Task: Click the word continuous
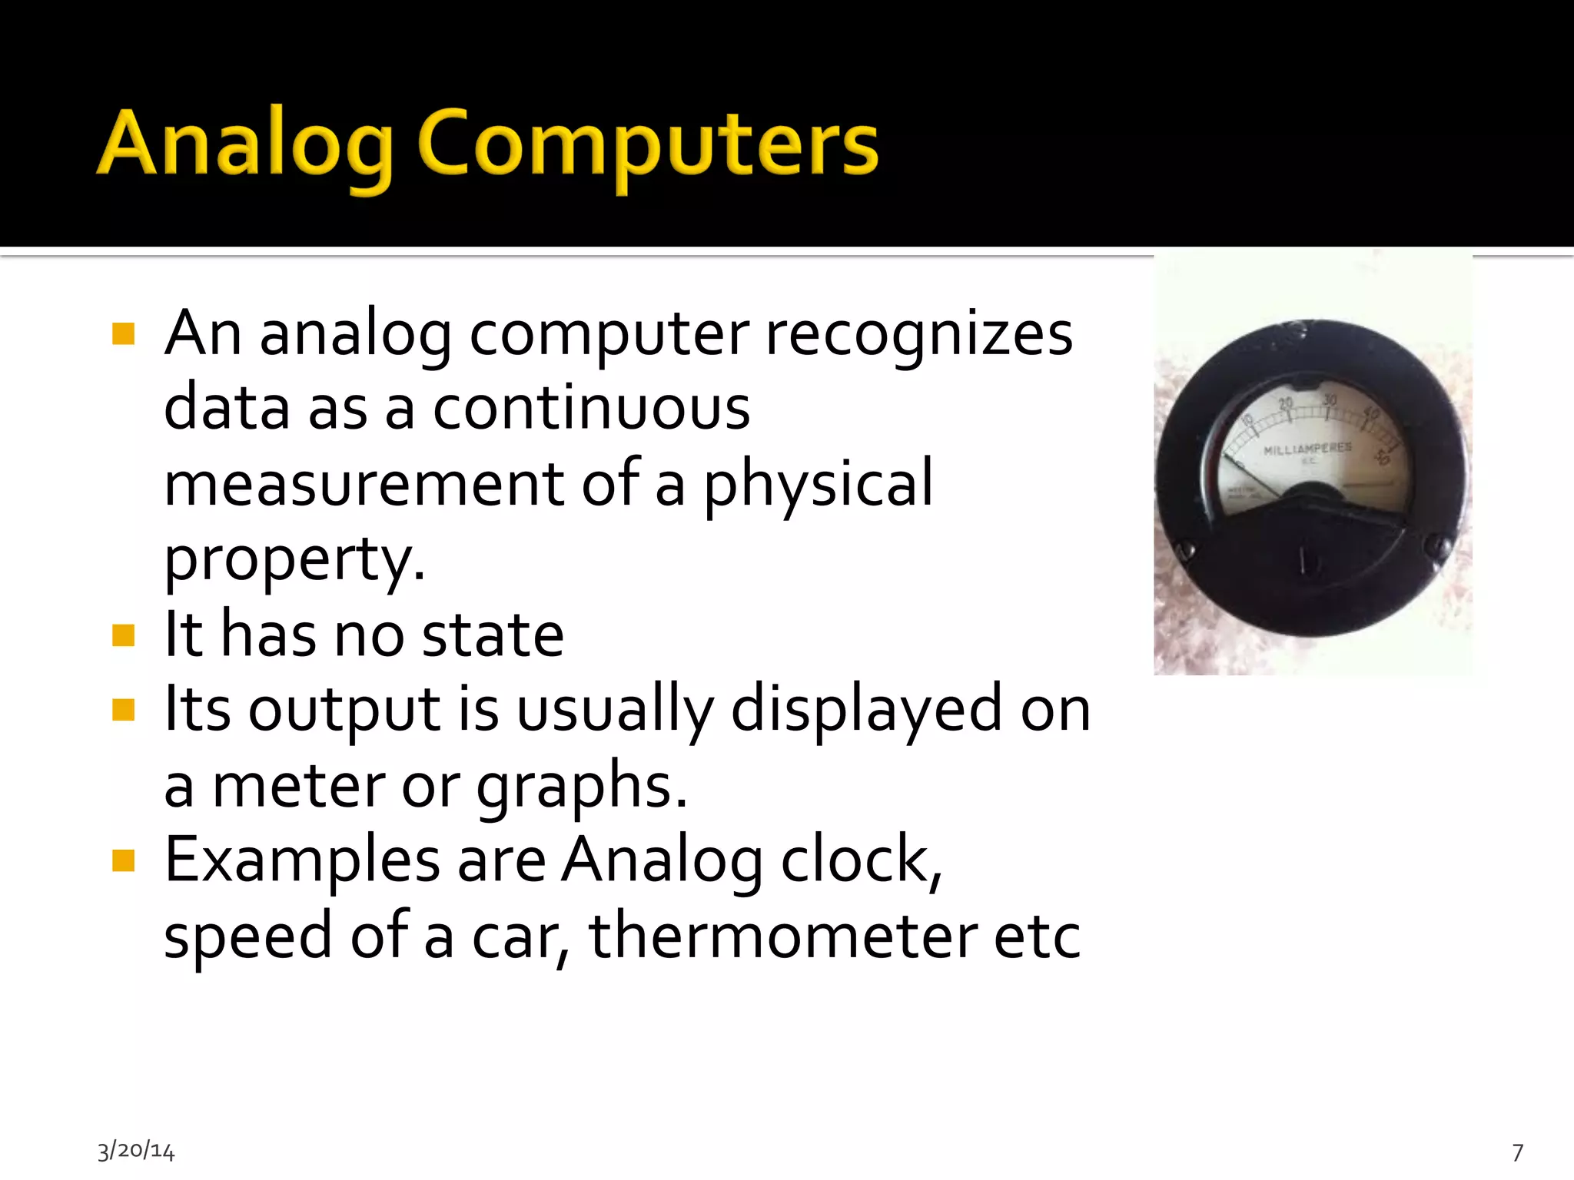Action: (x=591, y=408)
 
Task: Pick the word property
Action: (x=294, y=559)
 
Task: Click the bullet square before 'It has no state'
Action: (x=123, y=635)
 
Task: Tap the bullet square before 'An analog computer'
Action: (x=123, y=334)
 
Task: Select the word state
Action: (x=493, y=635)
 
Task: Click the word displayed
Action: (x=866, y=709)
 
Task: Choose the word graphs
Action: (x=581, y=786)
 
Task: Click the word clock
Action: (x=861, y=860)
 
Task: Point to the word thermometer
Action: (x=782, y=936)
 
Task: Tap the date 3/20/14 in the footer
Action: (x=136, y=1151)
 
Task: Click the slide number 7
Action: (x=1518, y=1152)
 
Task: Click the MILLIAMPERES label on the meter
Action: (x=1307, y=449)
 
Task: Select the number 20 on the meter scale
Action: (x=1286, y=404)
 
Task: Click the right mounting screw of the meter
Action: (x=1437, y=547)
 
